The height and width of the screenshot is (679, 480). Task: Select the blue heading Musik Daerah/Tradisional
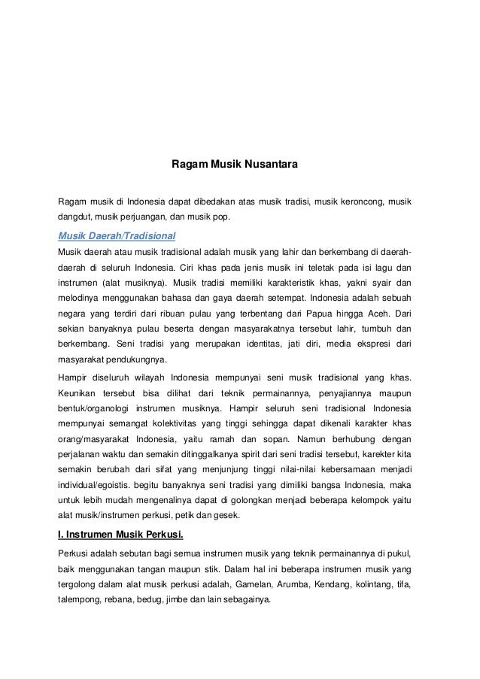coord(117,234)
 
